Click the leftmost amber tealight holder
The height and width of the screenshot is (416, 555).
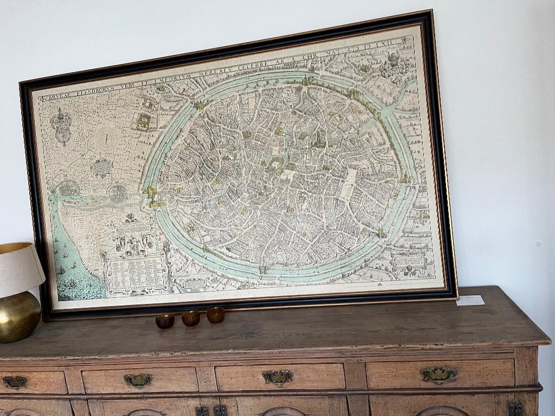click(x=165, y=321)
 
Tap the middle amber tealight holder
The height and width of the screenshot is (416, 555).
click(x=190, y=318)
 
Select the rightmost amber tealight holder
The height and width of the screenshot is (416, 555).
click(x=215, y=315)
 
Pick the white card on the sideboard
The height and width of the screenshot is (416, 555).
click(x=470, y=300)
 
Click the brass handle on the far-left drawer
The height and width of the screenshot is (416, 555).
click(x=14, y=382)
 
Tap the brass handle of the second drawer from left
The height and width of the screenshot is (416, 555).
click(x=138, y=380)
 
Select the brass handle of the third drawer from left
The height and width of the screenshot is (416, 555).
click(x=278, y=377)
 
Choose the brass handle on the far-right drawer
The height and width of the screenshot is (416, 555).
click(x=438, y=374)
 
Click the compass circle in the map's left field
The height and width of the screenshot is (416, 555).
click(x=107, y=138)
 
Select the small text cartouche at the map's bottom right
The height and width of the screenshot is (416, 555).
click(x=410, y=261)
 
